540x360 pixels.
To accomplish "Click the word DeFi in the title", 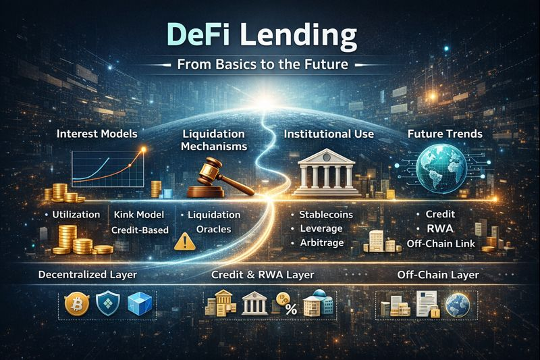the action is (198, 34).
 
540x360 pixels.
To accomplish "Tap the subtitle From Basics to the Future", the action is (263, 64).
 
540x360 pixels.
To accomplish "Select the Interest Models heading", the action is (97, 134).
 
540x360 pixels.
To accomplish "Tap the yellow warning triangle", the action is (185, 241).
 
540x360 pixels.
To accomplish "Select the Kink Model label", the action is (139, 215).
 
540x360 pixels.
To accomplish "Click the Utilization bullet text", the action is (76, 215).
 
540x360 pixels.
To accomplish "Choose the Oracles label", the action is (213, 229).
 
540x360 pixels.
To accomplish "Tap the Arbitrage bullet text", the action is (322, 243).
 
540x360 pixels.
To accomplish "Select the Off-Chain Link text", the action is (441, 244).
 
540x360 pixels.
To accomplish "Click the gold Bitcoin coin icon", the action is (77, 304).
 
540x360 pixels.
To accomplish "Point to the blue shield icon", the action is (108, 303).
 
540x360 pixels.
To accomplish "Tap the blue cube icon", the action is (140, 304).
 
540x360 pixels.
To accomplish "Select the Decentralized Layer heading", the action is (88, 275).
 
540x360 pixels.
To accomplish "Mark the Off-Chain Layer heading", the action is (438, 275).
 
